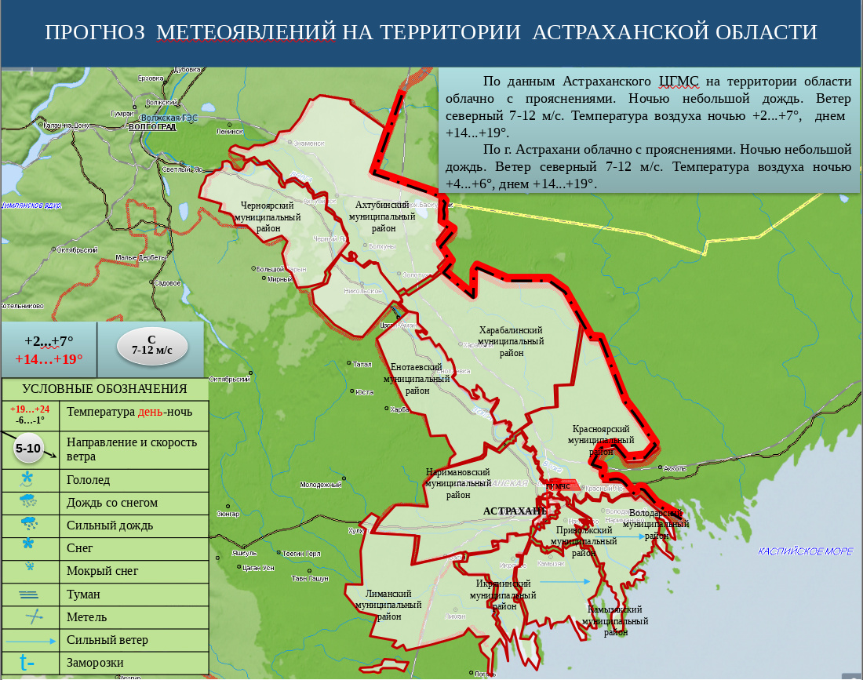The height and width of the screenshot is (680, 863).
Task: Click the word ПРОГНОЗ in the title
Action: coord(95,32)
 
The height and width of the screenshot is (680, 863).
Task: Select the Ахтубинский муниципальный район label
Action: coord(382,216)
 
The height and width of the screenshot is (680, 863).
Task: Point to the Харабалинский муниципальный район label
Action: coord(511,341)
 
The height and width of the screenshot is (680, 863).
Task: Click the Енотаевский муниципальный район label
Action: coord(417,378)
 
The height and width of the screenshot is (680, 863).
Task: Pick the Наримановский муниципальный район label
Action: coord(457,483)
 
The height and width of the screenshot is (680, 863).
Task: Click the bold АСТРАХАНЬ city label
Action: coord(515,511)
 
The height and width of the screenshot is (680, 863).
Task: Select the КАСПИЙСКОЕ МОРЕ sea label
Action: coord(805,551)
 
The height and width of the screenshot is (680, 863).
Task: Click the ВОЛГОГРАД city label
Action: coord(151,126)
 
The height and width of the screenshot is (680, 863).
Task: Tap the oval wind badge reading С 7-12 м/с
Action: coord(151,345)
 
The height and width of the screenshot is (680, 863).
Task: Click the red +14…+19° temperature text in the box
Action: coord(49,358)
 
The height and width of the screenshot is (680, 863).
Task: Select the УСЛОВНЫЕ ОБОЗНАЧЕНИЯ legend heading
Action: coord(104,389)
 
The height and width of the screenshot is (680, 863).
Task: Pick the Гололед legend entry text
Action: coord(89,480)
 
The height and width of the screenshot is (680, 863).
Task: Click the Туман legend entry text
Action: coord(83,595)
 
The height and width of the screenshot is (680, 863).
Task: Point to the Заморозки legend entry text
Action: coord(95,663)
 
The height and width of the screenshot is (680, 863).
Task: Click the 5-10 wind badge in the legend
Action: coord(28,449)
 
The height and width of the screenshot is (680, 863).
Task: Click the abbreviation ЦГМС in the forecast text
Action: coord(679,82)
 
